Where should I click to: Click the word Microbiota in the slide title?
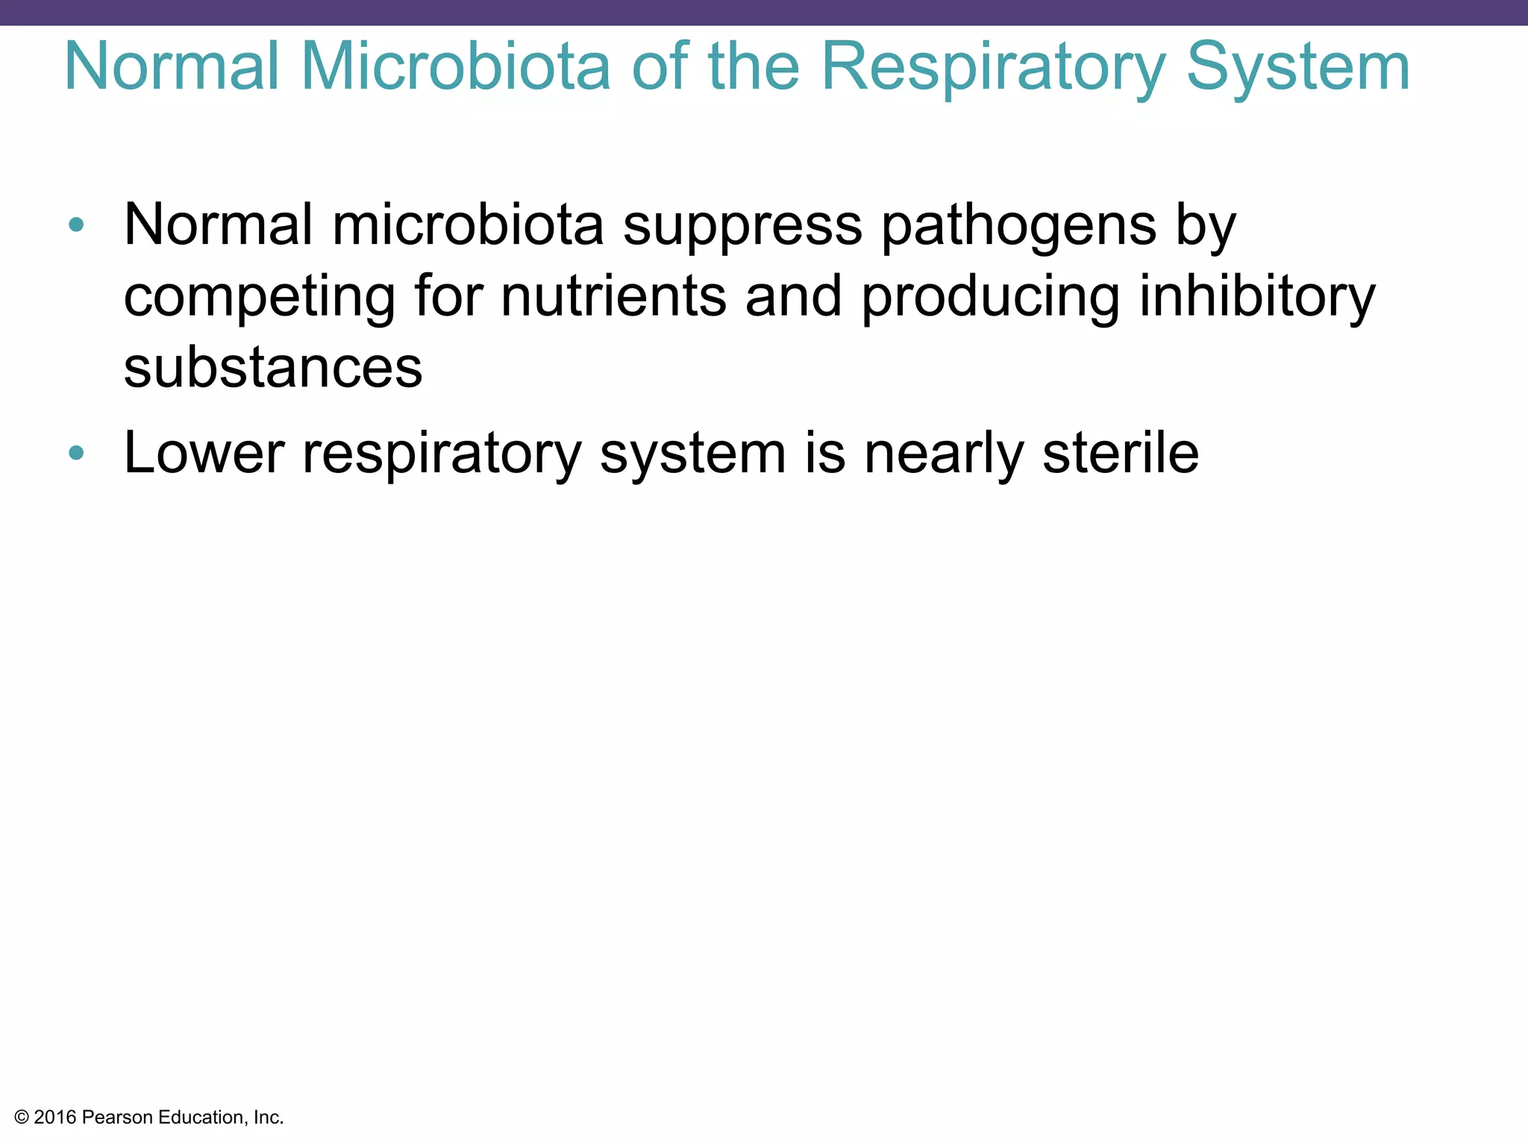point(456,67)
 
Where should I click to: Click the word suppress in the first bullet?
point(742,225)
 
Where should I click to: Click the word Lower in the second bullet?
point(204,453)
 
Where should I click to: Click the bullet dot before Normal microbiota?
point(76,225)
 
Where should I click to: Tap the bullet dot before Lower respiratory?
point(76,452)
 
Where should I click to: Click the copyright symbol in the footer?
point(22,1118)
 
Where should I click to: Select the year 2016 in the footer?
point(54,1118)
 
